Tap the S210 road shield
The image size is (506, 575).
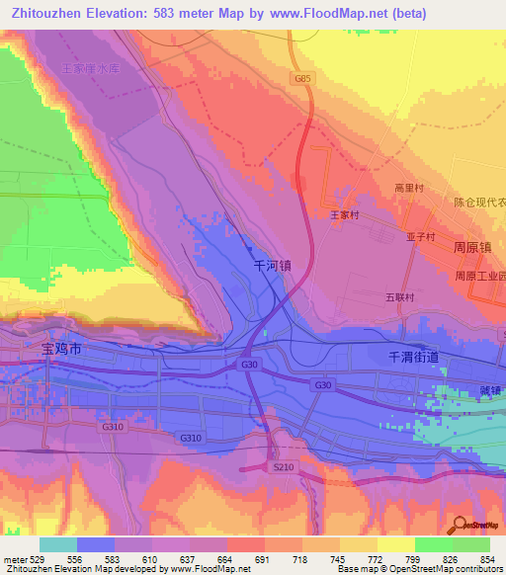(x=284, y=465)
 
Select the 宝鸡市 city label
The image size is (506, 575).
(x=64, y=349)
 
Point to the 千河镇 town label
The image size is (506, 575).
(x=274, y=266)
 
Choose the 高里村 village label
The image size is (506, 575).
(x=408, y=187)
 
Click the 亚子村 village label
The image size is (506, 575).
(x=421, y=237)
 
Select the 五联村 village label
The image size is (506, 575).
(x=399, y=296)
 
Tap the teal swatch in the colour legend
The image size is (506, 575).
(x=57, y=544)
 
